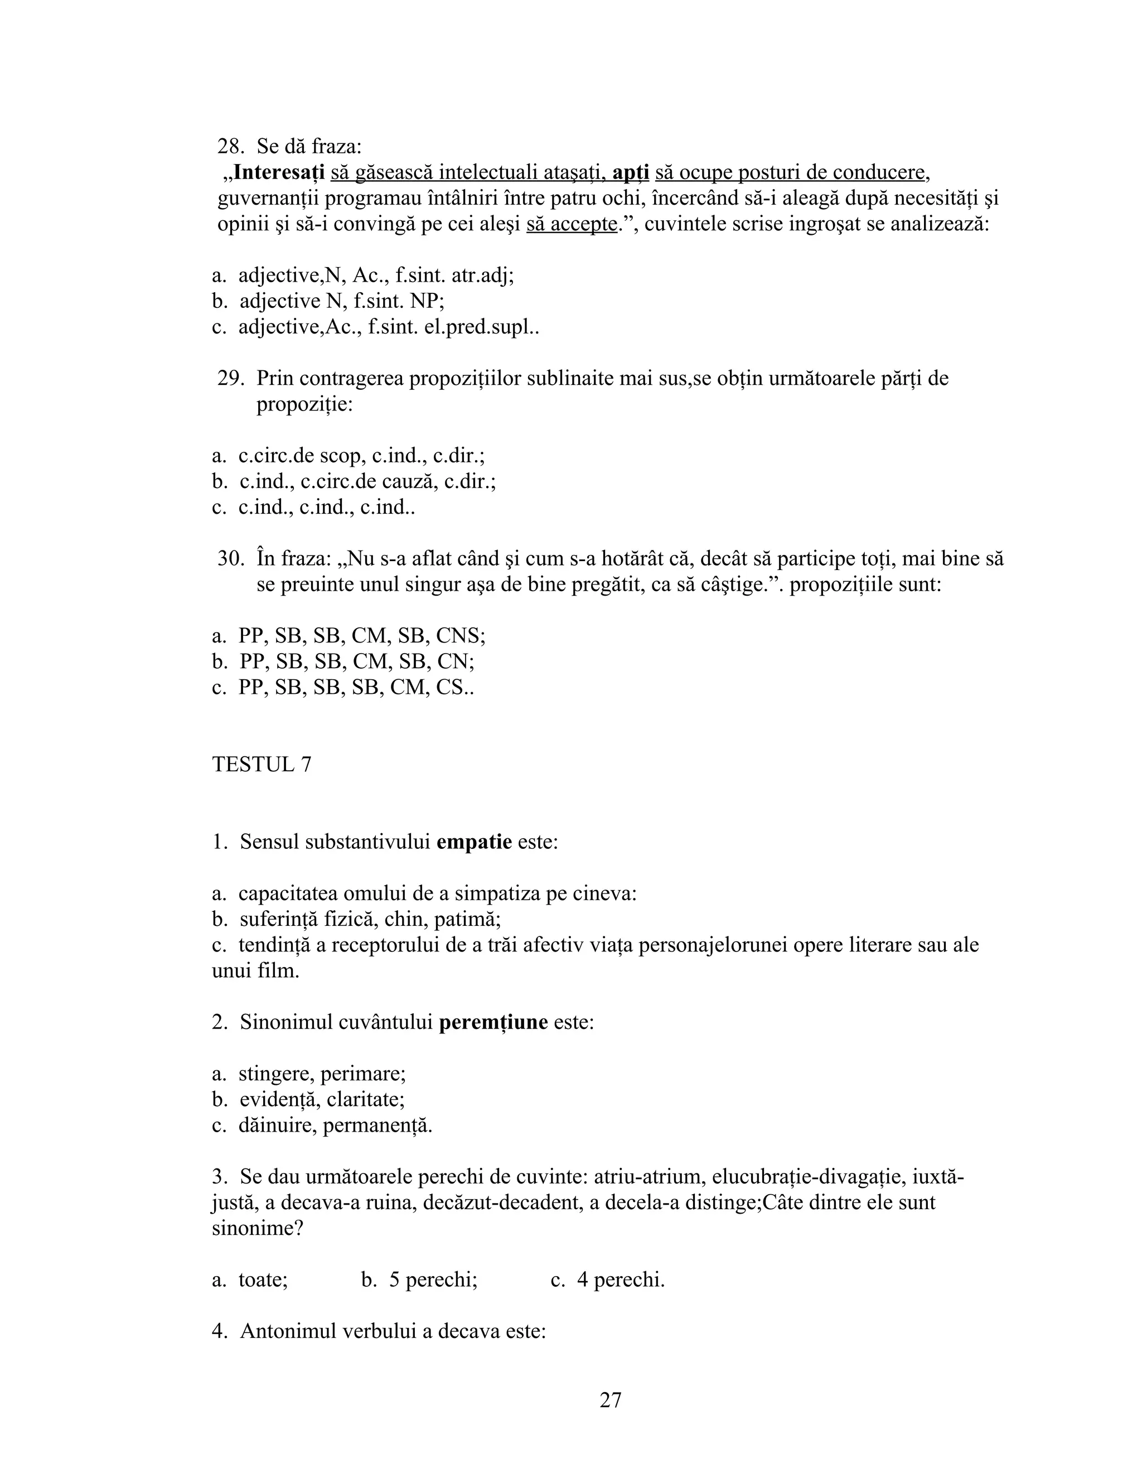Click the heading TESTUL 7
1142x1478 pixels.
coord(262,765)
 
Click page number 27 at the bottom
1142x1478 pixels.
coord(610,1400)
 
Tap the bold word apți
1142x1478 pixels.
coord(631,172)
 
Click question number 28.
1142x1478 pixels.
coord(231,146)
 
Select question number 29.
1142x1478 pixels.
coord(230,378)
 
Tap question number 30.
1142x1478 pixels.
coord(230,559)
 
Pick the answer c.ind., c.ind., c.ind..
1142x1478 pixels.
coord(326,508)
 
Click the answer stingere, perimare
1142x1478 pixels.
coord(321,1074)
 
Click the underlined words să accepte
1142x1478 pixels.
coord(572,224)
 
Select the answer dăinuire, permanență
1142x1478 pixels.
coord(335,1126)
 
